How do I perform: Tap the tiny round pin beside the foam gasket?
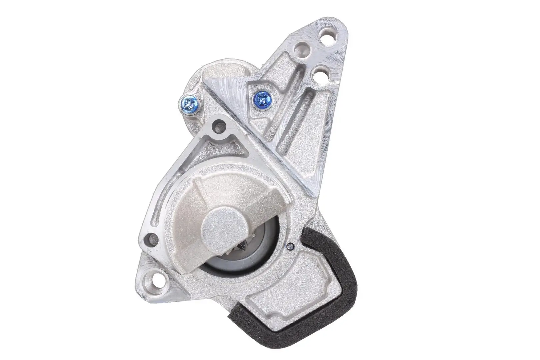290,247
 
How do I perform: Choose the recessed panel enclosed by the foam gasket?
293,287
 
